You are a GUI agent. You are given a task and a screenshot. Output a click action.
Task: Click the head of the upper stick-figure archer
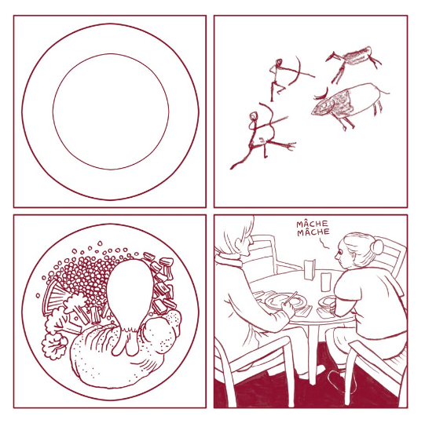point(279,63)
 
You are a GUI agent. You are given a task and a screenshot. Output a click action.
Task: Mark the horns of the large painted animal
point(321,94)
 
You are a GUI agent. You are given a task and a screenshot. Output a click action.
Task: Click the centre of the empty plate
point(111,111)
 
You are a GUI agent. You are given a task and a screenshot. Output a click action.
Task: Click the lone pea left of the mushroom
point(38,295)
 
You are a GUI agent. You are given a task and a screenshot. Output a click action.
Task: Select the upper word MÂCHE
point(313,224)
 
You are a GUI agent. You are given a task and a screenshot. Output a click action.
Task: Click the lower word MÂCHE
point(313,232)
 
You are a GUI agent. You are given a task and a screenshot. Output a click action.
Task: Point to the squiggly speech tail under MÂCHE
point(324,243)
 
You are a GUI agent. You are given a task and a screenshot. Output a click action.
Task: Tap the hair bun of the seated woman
point(377,246)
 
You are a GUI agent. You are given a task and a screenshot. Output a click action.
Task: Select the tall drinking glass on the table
point(326,282)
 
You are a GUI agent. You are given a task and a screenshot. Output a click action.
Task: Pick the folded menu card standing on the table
point(310,269)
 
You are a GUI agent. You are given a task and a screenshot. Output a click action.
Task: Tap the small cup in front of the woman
point(327,302)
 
